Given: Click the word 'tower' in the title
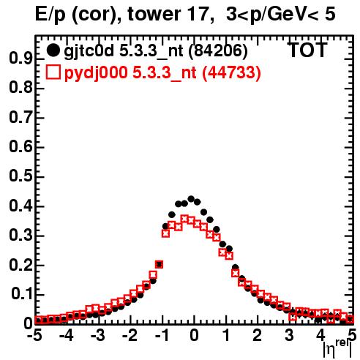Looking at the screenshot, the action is pos(154,14).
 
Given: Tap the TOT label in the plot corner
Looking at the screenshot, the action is pos(307,50).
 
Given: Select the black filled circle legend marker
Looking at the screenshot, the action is pos(53,50).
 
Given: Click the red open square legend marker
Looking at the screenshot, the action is pos(53,72).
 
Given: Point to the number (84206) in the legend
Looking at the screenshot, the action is pos(218,50).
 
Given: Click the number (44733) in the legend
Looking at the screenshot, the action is pos(231,72).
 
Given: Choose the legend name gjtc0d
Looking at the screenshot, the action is pos(89,51).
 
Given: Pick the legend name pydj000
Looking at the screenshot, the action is pos(96,73).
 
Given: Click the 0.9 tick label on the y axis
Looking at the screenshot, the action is pos(20,59).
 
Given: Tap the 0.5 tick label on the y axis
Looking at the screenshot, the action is pos(20,176).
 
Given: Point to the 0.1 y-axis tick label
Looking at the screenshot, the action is pos(21,294).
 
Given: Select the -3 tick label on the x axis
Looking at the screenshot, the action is pos(98,335).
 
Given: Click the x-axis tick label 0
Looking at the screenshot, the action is pos(194,335).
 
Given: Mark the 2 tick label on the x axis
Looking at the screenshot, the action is pos(257,335).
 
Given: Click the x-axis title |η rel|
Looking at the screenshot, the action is pos(338,349).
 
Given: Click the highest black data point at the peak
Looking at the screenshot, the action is pos(191,199).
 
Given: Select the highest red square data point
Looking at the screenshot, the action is pos(185,219).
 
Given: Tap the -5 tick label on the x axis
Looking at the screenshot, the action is pos(34,335).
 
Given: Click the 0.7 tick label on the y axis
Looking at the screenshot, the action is pos(20,118).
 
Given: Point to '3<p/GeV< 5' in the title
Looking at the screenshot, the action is pos(280,15).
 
